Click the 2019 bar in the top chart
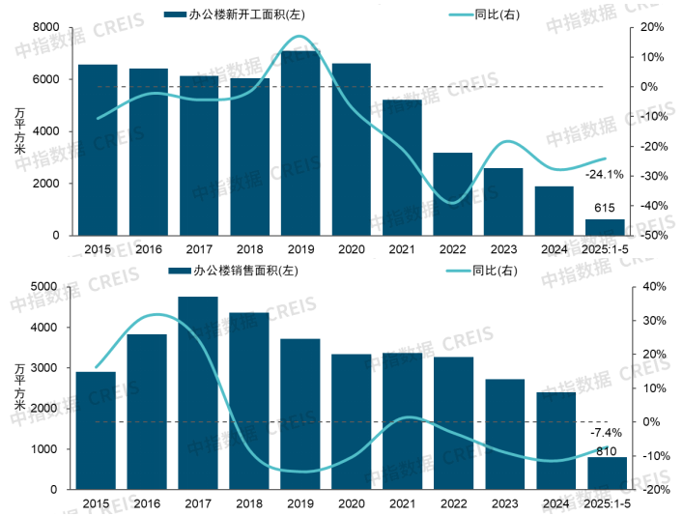point(299,145)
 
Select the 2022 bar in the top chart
point(452,194)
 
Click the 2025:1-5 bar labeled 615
point(605,227)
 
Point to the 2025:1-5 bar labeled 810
point(608,473)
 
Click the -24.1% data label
point(605,175)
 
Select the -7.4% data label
point(606,434)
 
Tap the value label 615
point(605,208)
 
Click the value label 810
point(607,449)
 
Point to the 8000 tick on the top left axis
point(45,27)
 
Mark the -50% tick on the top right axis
point(647,236)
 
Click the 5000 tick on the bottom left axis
point(45,287)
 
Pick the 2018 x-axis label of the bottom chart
point(248,504)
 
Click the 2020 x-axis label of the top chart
point(351,249)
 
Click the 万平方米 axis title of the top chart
point(20,131)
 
